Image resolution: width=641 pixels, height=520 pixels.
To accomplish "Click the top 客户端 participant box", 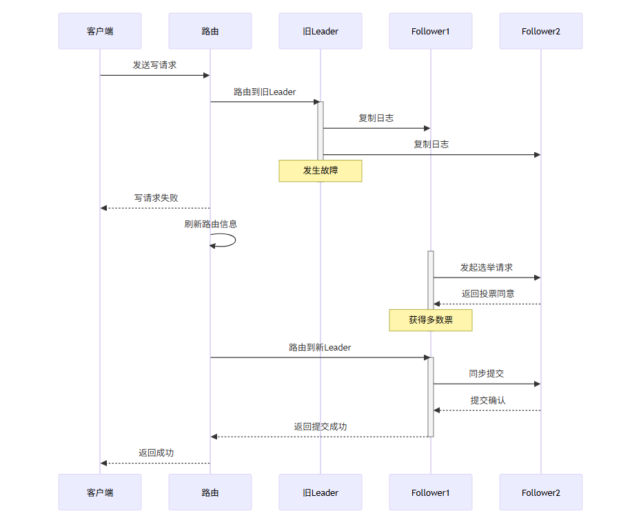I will (x=100, y=31).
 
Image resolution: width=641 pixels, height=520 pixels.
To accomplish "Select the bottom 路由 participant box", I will (x=210, y=492).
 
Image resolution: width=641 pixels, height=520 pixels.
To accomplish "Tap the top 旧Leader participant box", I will (x=320, y=31).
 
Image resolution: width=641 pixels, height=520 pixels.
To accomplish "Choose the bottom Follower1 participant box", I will (x=431, y=492).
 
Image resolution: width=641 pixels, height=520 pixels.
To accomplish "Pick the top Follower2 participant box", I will (x=541, y=31).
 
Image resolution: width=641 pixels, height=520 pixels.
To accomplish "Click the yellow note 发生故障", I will (x=320, y=171).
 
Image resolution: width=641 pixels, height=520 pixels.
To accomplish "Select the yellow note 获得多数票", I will (x=431, y=320).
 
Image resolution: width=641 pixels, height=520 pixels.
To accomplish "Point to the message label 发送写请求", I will (x=155, y=65).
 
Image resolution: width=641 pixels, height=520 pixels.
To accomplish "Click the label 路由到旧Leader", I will (x=265, y=92).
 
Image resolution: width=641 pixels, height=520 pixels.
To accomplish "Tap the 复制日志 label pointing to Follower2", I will (x=431, y=145).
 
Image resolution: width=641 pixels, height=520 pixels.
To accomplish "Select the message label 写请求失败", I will (x=156, y=198).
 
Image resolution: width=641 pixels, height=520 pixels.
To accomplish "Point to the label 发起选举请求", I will (x=487, y=267).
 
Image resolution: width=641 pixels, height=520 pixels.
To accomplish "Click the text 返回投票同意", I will (x=487, y=293).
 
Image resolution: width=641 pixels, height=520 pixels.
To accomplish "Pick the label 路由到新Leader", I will (x=320, y=348).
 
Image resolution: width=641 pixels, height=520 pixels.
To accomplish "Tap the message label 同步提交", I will (x=487, y=374).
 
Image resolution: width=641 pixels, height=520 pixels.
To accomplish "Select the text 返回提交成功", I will (x=320, y=427).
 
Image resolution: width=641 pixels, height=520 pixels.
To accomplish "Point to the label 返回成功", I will (x=156, y=453).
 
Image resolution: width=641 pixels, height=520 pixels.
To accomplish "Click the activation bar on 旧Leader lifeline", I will (x=320, y=131).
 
